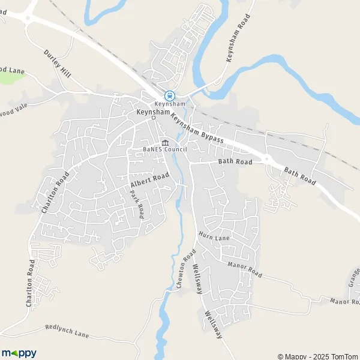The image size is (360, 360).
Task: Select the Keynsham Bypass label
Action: pyautogui.click(x=196, y=128)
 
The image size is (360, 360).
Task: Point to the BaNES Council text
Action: pyautogui.click(x=165, y=149)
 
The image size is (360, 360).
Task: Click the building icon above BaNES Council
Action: pyautogui.click(x=165, y=142)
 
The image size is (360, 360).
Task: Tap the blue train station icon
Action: pyautogui.click(x=170, y=95)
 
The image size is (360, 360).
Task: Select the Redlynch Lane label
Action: pyautogui.click(x=67, y=331)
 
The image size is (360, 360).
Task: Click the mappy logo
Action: pyautogui.click(x=19, y=353)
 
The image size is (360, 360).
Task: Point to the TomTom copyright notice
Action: pyautogui.click(x=317, y=356)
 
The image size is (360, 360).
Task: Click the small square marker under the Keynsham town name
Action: pyautogui.click(x=153, y=118)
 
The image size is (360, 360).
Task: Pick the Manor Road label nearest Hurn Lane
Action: pyautogui.click(x=245, y=269)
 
